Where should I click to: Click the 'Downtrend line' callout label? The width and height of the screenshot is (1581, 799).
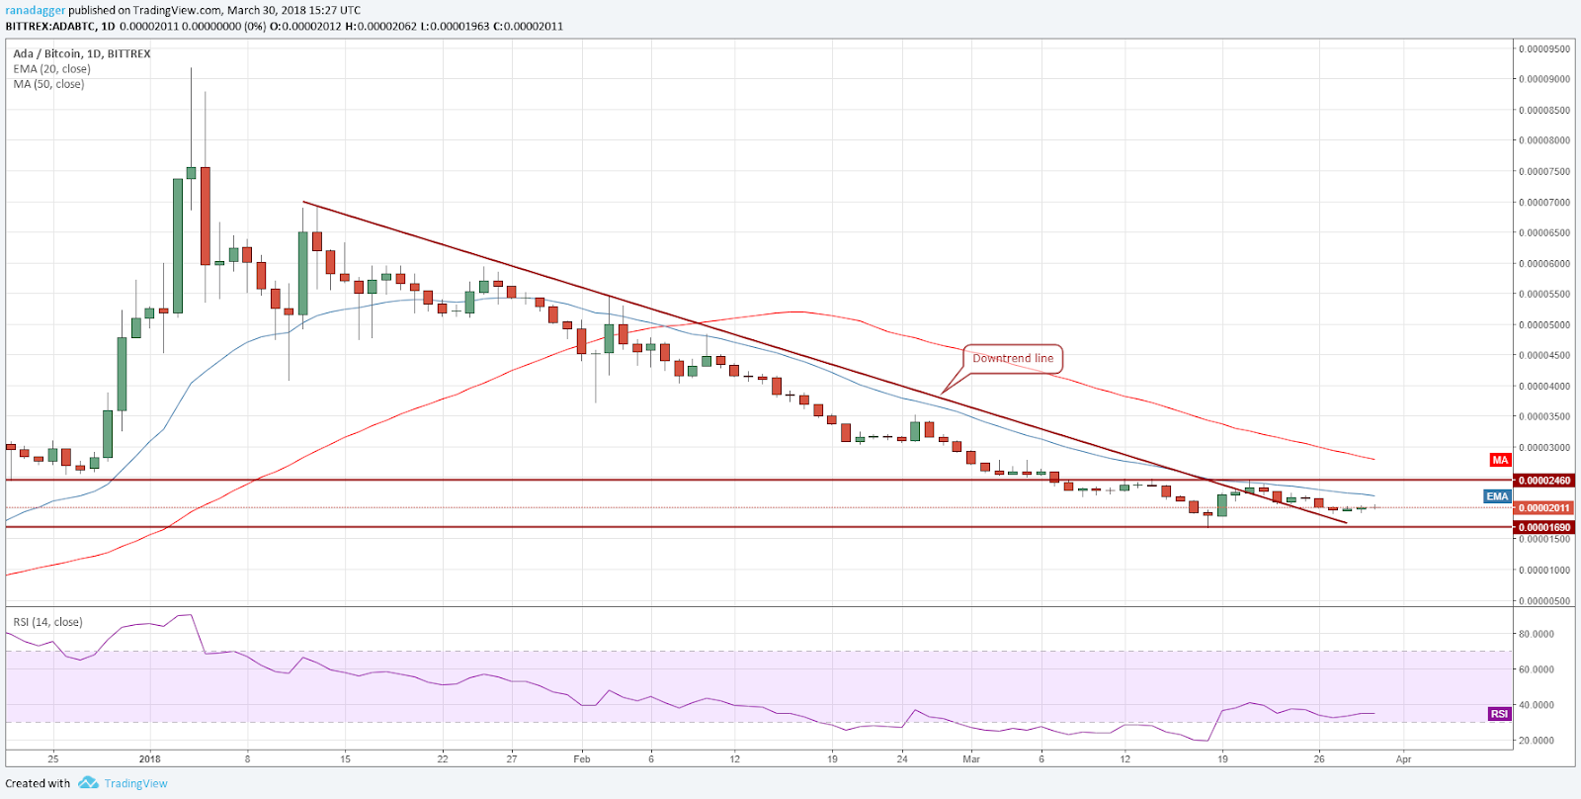pyautogui.click(x=1013, y=359)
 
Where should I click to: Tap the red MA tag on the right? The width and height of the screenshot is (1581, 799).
pyautogui.click(x=1500, y=460)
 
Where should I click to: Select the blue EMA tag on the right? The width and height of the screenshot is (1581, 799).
pyautogui.click(x=1497, y=496)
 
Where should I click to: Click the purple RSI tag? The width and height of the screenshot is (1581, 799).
pyautogui.click(x=1499, y=714)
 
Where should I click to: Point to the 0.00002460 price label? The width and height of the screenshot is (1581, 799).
pyautogui.click(x=1543, y=481)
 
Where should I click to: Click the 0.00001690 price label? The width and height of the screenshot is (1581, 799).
pyautogui.click(x=1543, y=528)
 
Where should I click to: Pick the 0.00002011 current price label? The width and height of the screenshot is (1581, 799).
pyautogui.click(x=1543, y=508)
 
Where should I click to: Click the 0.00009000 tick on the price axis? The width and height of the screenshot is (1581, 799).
pyautogui.click(x=1544, y=79)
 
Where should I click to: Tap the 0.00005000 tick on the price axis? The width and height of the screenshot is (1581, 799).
pyautogui.click(x=1544, y=325)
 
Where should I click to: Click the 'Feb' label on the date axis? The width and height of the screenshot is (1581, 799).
pyautogui.click(x=581, y=759)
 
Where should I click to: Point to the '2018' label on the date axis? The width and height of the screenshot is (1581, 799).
pyautogui.click(x=150, y=759)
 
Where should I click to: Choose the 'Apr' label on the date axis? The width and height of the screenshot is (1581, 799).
pyautogui.click(x=1403, y=759)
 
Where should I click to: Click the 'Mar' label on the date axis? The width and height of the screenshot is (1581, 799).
pyautogui.click(x=971, y=759)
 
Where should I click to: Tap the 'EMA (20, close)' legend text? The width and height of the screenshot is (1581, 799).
pyautogui.click(x=51, y=69)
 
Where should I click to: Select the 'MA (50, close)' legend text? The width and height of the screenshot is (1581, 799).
pyautogui.click(x=48, y=84)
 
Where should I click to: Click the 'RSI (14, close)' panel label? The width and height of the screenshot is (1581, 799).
pyautogui.click(x=47, y=622)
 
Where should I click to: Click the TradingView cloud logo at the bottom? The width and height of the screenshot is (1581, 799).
pyautogui.click(x=88, y=783)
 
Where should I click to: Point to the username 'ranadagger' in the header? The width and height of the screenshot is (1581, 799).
pyautogui.click(x=35, y=11)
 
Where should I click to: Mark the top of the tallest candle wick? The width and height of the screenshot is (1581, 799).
pyautogui.click(x=191, y=68)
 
